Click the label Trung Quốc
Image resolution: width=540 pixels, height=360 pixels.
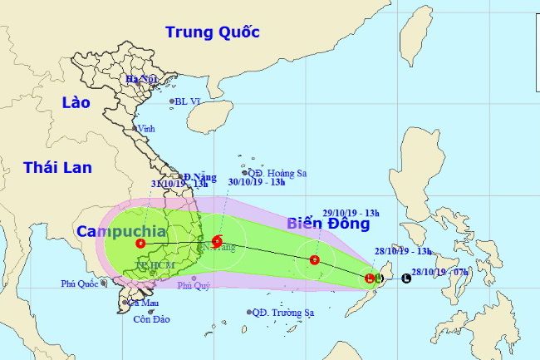click(x=212, y=32)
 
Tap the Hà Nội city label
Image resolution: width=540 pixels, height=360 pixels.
click(x=141, y=80)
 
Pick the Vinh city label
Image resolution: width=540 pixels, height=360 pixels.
click(x=146, y=129)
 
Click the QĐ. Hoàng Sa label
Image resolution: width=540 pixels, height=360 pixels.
click(x=277, y=174)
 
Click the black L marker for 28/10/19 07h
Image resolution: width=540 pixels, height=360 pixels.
click(x=405, y=279)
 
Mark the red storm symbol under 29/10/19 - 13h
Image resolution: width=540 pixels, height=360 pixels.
click(x=315, y=260)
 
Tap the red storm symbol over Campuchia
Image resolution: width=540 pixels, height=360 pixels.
click(x=140, y=244)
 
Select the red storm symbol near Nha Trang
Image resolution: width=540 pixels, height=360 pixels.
click(x=217, y=242)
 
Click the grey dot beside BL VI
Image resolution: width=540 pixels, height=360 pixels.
click(x=173, y=102)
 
